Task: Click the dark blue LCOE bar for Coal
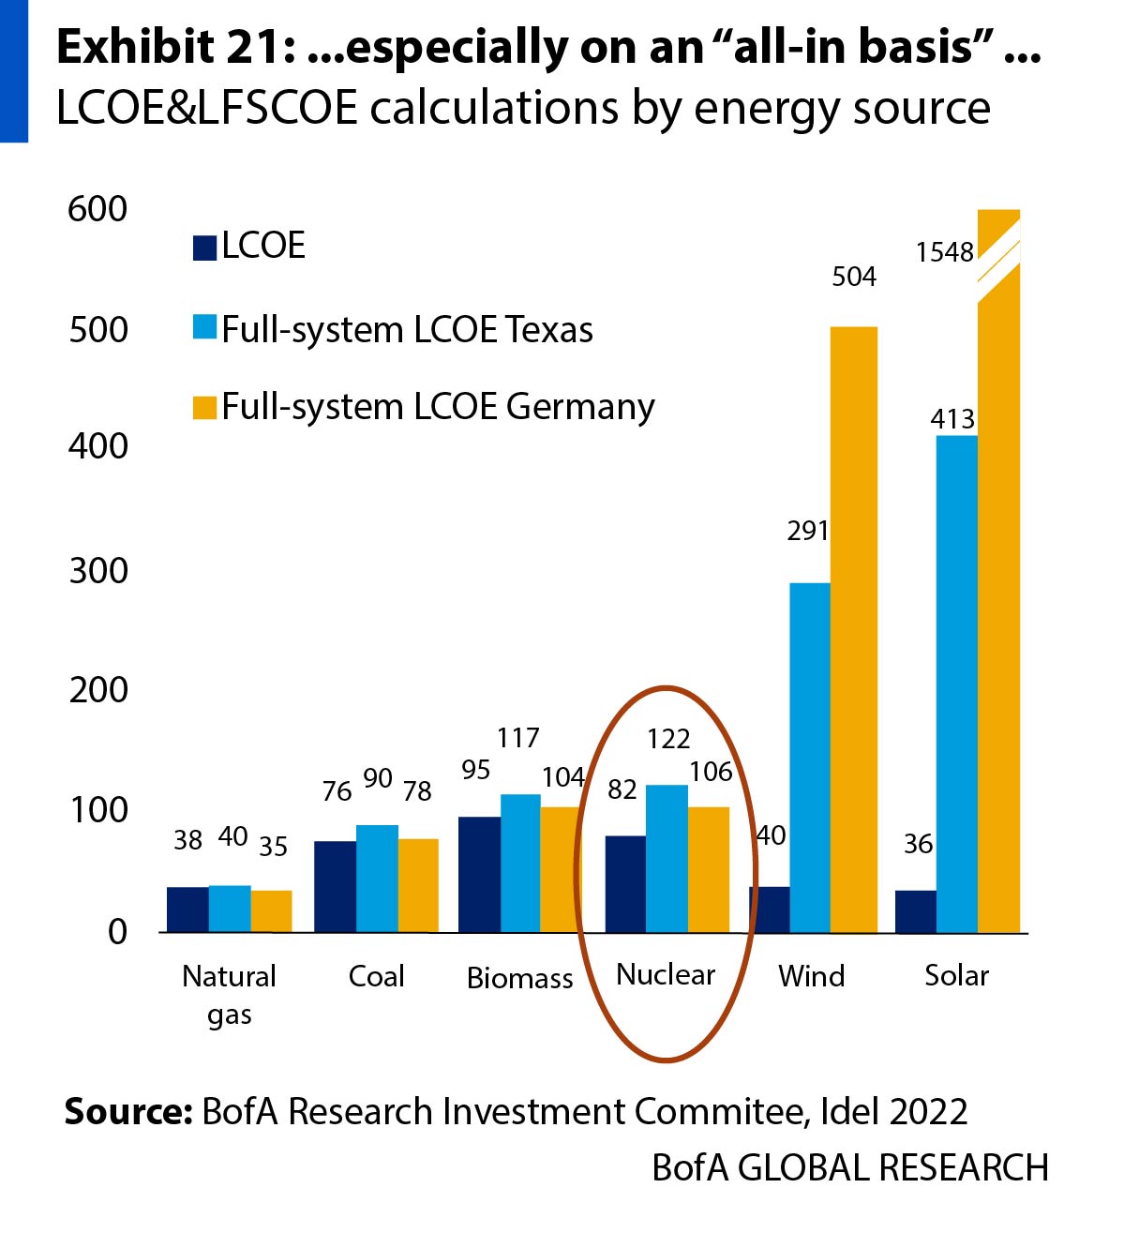click(x=335, y=886)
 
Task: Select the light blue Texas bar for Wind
click(x=810, y=758)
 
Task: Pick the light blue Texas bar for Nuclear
click(x=667, y=858)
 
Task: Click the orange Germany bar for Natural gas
click(x=272, y=910)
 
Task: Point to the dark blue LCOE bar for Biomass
click(x=479, y=874)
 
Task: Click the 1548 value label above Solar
click(x=945, y=252)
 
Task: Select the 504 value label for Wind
click(x=854, y=277)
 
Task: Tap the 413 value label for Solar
click(x=952, y=419)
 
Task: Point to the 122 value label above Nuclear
click(x=668, y=739)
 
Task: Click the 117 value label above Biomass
click(x=518, y=738)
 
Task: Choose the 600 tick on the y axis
click(x=97, y=209)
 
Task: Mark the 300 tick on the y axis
click(x=98, y=570)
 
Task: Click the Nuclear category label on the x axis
click(x=666, y=975)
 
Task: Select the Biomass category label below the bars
click(x=519, y=978)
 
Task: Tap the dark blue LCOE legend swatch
click(x=204, y=248)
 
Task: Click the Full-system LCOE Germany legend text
click(x=438, y=407)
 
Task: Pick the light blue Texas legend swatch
click(x=204, y=327)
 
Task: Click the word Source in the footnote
click(x=127, y=1112)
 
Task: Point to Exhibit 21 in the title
click(x=174, y=47)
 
